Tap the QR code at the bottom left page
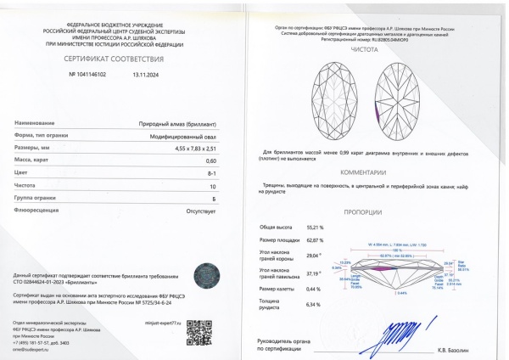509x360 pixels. tap(199, 332)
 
